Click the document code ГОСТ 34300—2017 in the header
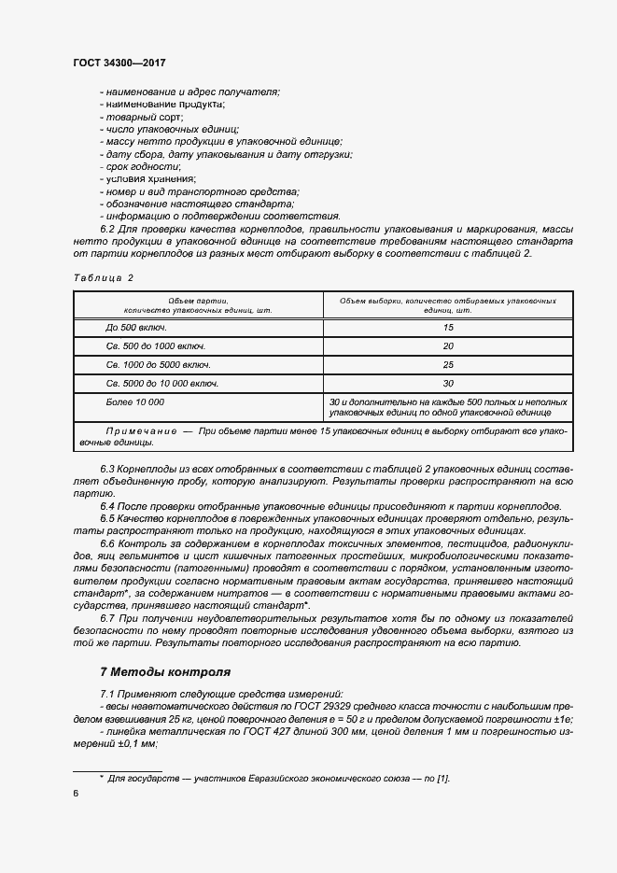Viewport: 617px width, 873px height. pyautogui.click(x=119, y=62)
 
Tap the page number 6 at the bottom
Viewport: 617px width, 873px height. pyautogui.click(x=76, y=793)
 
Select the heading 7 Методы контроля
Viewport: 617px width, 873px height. pyautogui.click(x=164, y=671)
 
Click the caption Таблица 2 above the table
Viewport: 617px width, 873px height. pyautogui.click(x=104, y=278)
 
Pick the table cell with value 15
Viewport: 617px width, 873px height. pyautogui.click(x=448, y=328)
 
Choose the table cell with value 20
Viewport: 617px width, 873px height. pyautogui.click(x=448, y=346)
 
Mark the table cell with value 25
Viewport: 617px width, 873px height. pyautogui.click(x=448, y=365)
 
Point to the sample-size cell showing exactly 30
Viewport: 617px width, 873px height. pyautogui.click(x=448, y=384)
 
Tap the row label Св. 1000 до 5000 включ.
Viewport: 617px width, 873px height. pyautogui.click(x=158, y=365)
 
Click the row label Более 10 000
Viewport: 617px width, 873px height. pyautogui.click(x=135, y=401)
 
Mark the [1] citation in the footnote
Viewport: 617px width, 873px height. pyautogui.click(x=443, y=779)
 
